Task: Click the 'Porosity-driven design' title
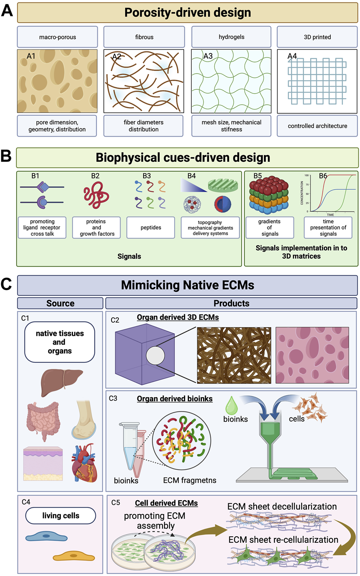pyautogui.click(x=188, y=13)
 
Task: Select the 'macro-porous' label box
pyautogui.click(x=58, y=37)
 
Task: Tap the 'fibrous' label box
pyautogui.click(x=144, y=37)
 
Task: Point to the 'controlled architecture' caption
pyautogui.click(x=317, y=126)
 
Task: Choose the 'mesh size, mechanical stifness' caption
pyautogui.click(x=231, y=126)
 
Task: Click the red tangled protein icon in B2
pyautogui.click(x=96, y=192)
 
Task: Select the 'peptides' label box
pyautogui.click(x=151, y=228)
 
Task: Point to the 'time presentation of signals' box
pyautogui.click(x=328, y=228)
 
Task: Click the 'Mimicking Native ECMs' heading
pyautogui.click(x=187, y=285)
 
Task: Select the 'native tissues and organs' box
pyautogui.click(x=60, y=342)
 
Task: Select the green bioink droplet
pyautogui.click(x=232, y=405)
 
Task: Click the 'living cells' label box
pyautogui.click(x=61, y=516)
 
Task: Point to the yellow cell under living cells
pyautogui.click(x=74, y=557)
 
